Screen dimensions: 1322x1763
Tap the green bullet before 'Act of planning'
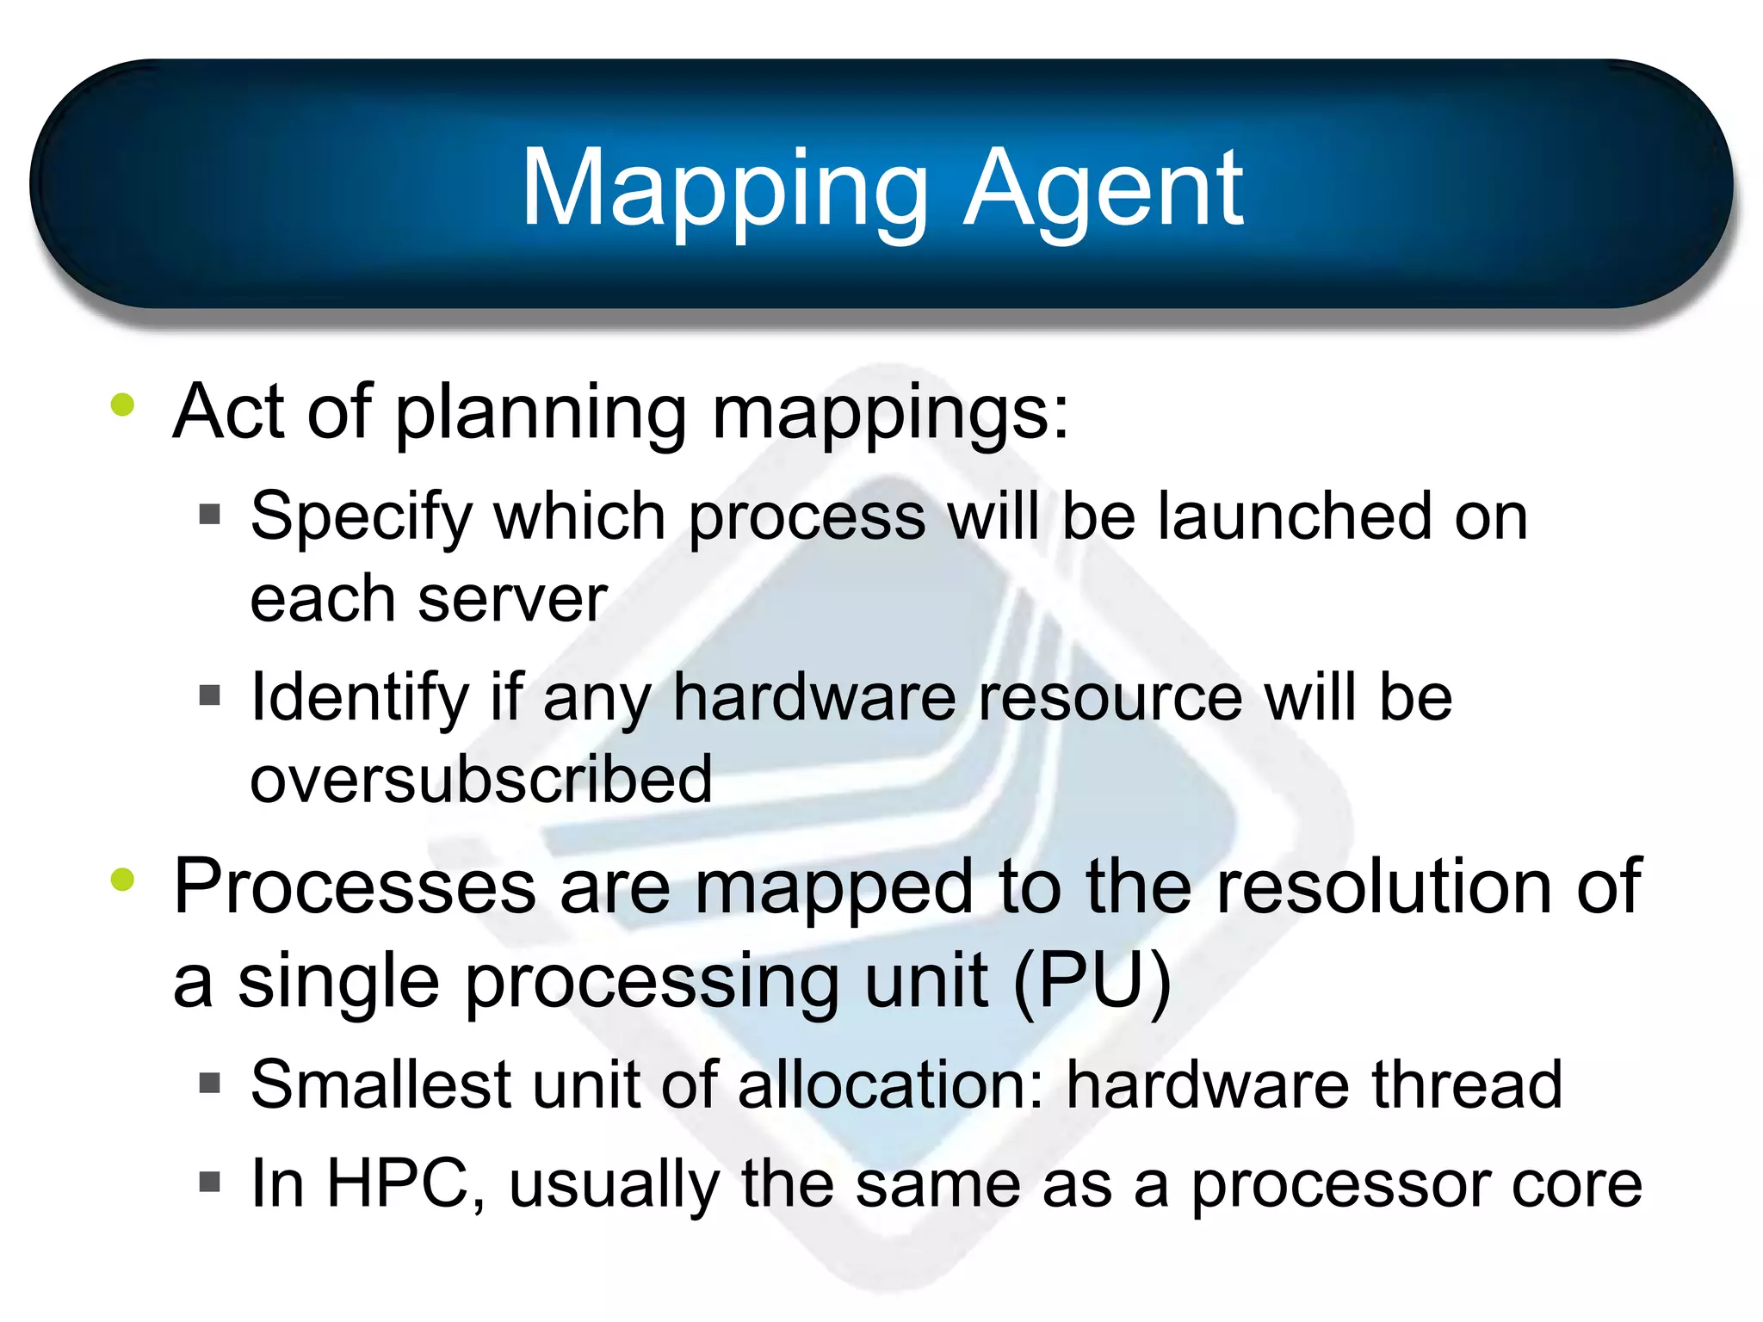[x=123, y=405]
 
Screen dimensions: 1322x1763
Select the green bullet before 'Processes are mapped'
[x=123, y=880]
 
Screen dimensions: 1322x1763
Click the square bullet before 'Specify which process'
[x=209, y=515]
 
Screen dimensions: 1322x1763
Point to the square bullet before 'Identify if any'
[x=209, y=695]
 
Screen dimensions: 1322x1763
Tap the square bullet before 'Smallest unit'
[x=209, y=1083]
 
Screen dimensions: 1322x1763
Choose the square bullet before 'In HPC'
[x=209, y=1182]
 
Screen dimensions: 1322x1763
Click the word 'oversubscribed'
[x=481, y=778]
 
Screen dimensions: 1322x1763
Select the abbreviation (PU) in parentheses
[x=1092, y=981]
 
